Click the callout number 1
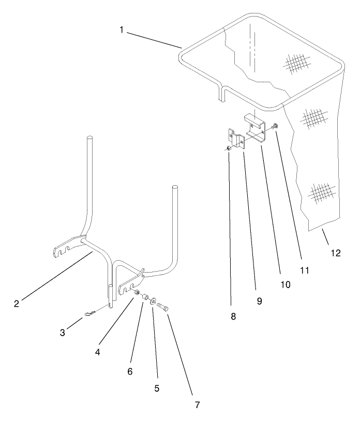[x=122, y=30]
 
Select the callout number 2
[x=17, y=304]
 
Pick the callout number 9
[x=259, y=300]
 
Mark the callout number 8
[x=233, y=317]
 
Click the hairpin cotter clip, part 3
[x=91, y=313]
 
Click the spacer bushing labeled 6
[x=146, y=298]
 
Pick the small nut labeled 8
[x=228, y=149]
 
